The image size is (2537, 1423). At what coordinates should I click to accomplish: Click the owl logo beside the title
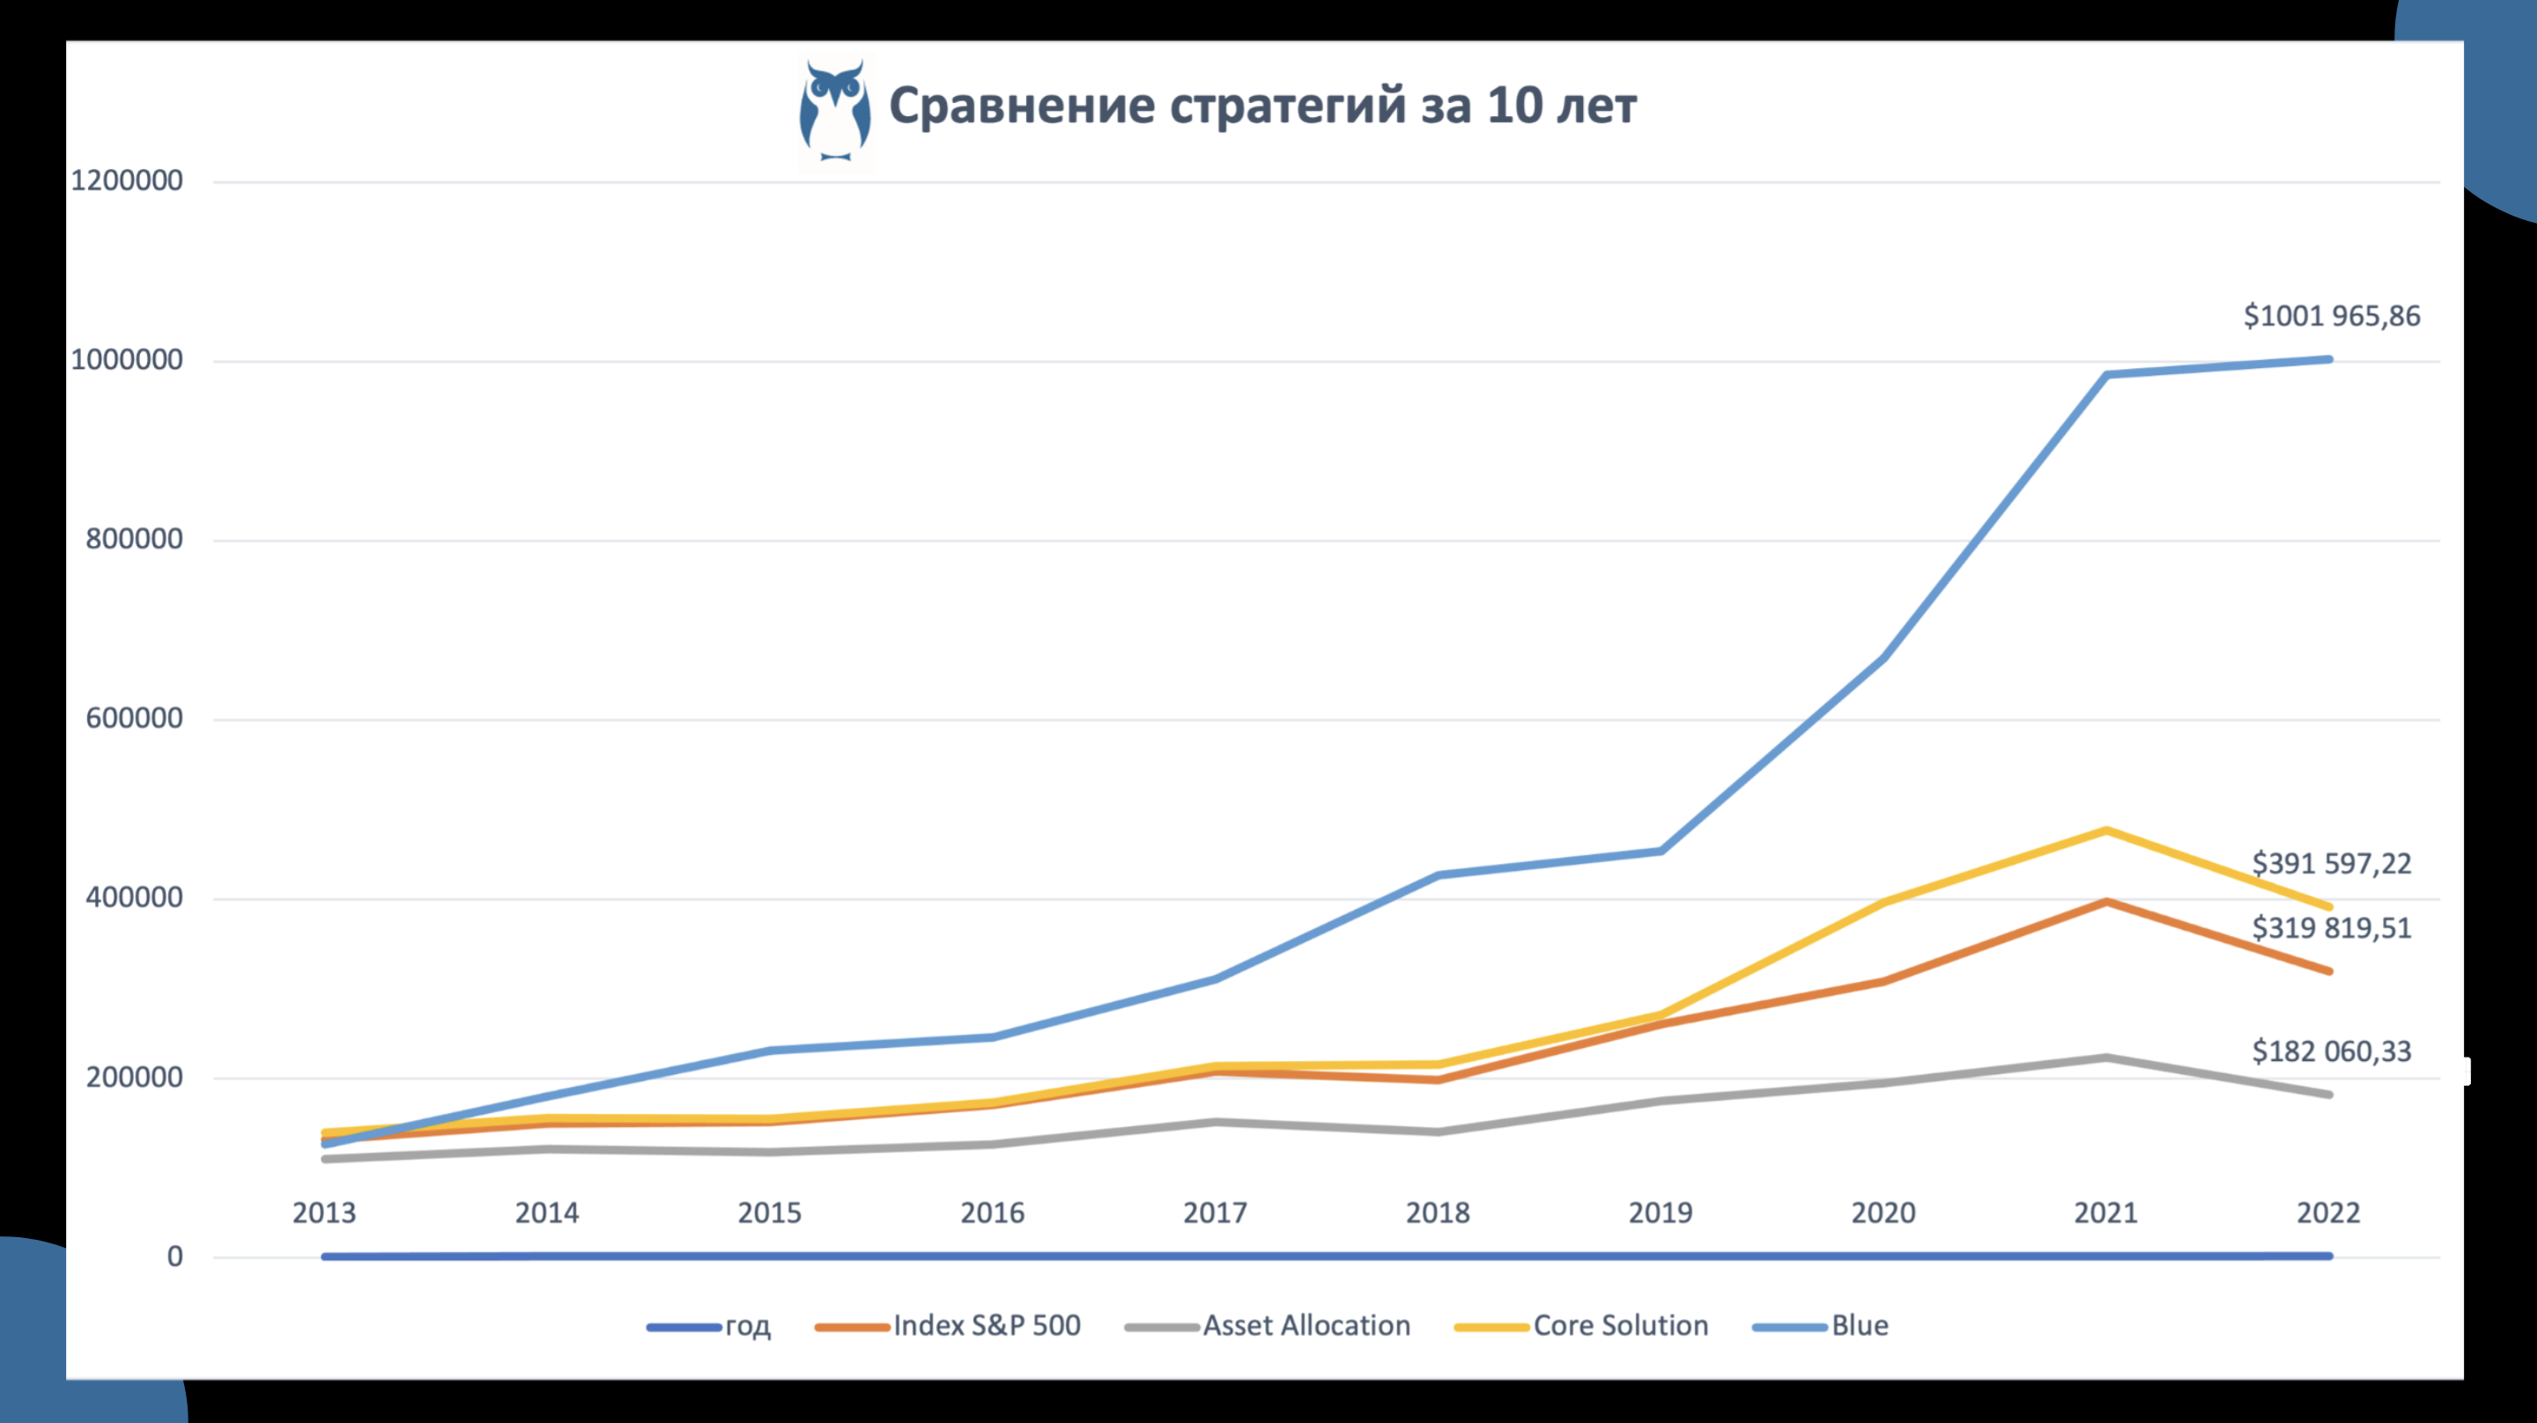(x=834, y=111)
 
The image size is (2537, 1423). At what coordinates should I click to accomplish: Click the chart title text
(x=1262, y=107)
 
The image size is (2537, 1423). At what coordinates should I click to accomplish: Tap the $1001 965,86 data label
(x=2331, y=316)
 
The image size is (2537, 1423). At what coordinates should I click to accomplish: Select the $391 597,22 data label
(x=2331, y=864)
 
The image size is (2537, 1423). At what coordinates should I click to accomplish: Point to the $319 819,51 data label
(x=2331, y=927)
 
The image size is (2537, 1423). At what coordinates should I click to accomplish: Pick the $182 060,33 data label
(x=2331, y=1051)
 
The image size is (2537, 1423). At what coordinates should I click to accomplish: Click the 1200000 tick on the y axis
(x=127, y=181)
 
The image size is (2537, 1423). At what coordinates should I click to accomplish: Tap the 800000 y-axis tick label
(x=134, y=540)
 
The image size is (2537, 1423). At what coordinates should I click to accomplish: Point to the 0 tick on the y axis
(x=174, y=1257)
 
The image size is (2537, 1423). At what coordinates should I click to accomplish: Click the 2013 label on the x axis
(x=324, y=1213)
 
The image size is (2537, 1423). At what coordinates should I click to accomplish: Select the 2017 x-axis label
(x=1215, y=1213)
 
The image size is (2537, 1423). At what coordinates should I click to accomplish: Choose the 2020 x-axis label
(x=1883, y=1213)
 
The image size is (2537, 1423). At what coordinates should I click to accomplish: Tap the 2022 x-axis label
(x=2328, y=1213)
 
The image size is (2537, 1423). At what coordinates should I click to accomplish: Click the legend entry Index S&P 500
(x=986, y=1325)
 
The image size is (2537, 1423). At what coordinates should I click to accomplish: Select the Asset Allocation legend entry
(x=1305, y=1325)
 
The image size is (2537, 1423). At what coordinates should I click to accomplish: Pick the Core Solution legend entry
(x=1620, y=1325)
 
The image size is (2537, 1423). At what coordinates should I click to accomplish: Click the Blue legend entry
(x=1860, y=1325)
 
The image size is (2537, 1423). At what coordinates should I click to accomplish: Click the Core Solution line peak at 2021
(x=2105, y=830)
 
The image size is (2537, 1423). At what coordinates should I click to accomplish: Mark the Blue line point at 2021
(x=2105, y=374)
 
